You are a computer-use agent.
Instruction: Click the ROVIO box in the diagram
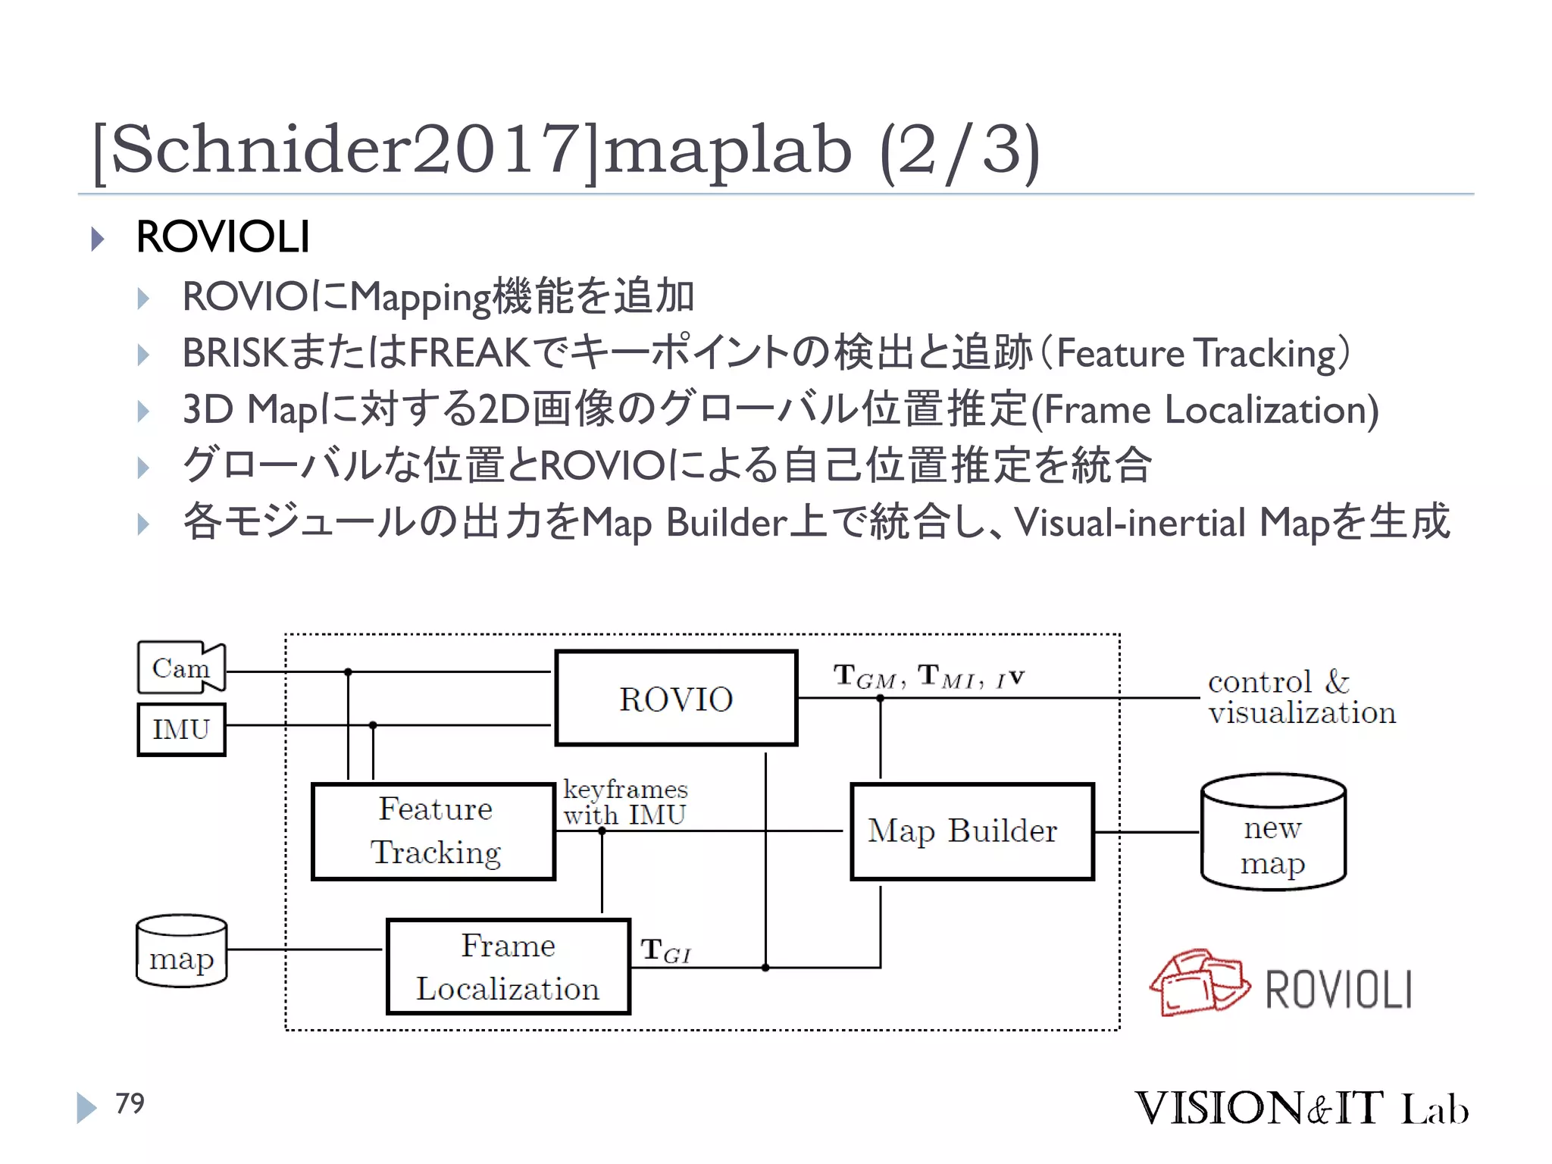(676, 698)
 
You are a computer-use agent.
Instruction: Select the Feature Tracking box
(433, 831)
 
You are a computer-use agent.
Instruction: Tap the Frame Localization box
(508, 966)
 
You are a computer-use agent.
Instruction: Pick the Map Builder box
(972, 831)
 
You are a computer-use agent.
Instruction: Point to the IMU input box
(181, 729)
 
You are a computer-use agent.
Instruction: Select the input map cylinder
(181, 951)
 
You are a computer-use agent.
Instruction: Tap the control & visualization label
(1300, 697)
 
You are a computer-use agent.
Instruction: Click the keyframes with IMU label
(625, 802)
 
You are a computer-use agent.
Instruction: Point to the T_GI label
(665, 951)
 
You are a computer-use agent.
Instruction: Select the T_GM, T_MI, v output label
(928, 676)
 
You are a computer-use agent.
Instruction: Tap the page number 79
(130, 1103)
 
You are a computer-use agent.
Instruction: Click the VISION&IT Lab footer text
(1300, 1108)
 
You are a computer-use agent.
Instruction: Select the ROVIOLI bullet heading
(223, 236)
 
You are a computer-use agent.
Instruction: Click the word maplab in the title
(727, 150)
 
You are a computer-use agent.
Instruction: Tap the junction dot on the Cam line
(348, 672)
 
